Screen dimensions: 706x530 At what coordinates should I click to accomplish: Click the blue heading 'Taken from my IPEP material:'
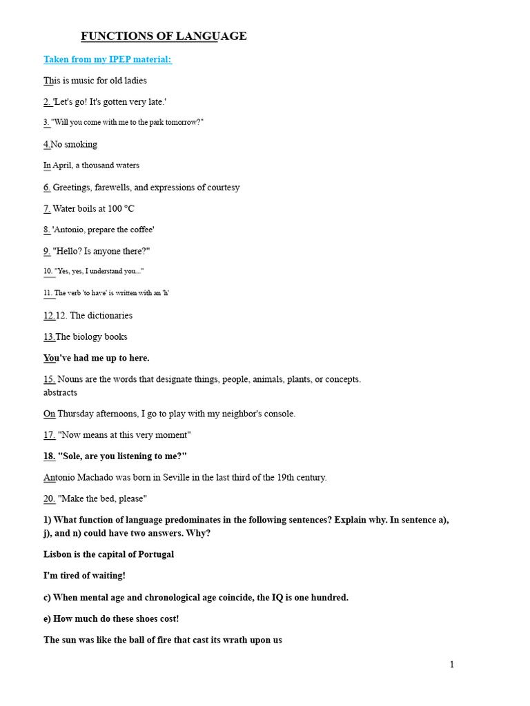107,59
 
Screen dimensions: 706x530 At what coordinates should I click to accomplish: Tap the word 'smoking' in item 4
81,144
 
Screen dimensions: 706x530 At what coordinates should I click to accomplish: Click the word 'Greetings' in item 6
77,188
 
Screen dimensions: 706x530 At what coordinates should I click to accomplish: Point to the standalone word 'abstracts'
61,392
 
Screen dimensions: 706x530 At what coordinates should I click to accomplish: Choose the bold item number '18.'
50,456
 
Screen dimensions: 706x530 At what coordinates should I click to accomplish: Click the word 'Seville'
175,477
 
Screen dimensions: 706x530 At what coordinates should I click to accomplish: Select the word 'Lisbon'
59,554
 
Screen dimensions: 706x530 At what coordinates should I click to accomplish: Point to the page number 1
452,665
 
